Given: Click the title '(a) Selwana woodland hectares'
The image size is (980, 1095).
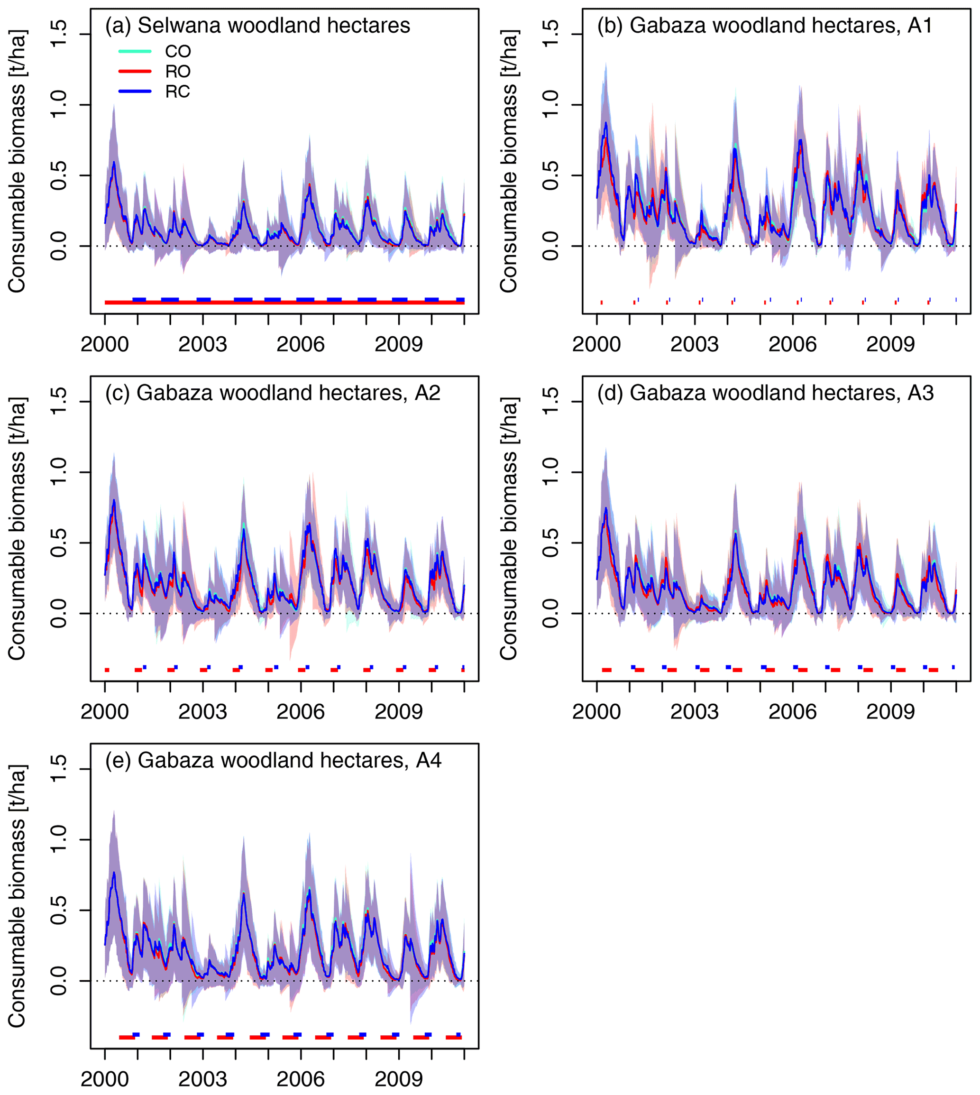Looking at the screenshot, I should pyautogui.click(x=257, y=25).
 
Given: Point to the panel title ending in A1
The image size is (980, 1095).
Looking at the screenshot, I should pyautogui.click(x=765, y=25).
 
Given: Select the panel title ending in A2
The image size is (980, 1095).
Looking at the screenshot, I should pyautogui.click(x=273, y=393).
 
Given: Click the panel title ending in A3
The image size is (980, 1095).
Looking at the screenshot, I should pyautogui.click(x=765, y=393).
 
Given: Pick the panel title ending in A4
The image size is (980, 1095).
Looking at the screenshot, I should pyautogui.click(x=274, y=761).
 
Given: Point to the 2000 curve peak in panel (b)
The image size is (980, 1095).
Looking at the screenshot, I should pyautogui.click(x=606, y=123).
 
